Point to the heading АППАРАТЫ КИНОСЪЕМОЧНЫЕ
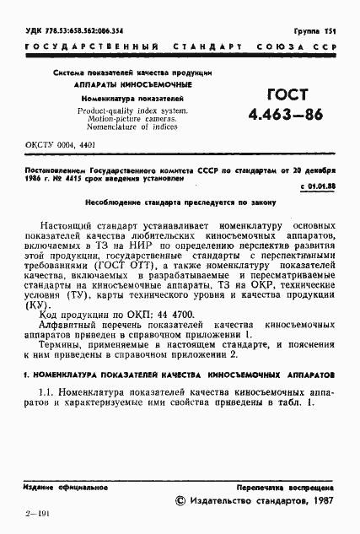[121, 85]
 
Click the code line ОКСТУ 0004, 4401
[50, 144]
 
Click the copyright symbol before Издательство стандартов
[179, 502]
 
